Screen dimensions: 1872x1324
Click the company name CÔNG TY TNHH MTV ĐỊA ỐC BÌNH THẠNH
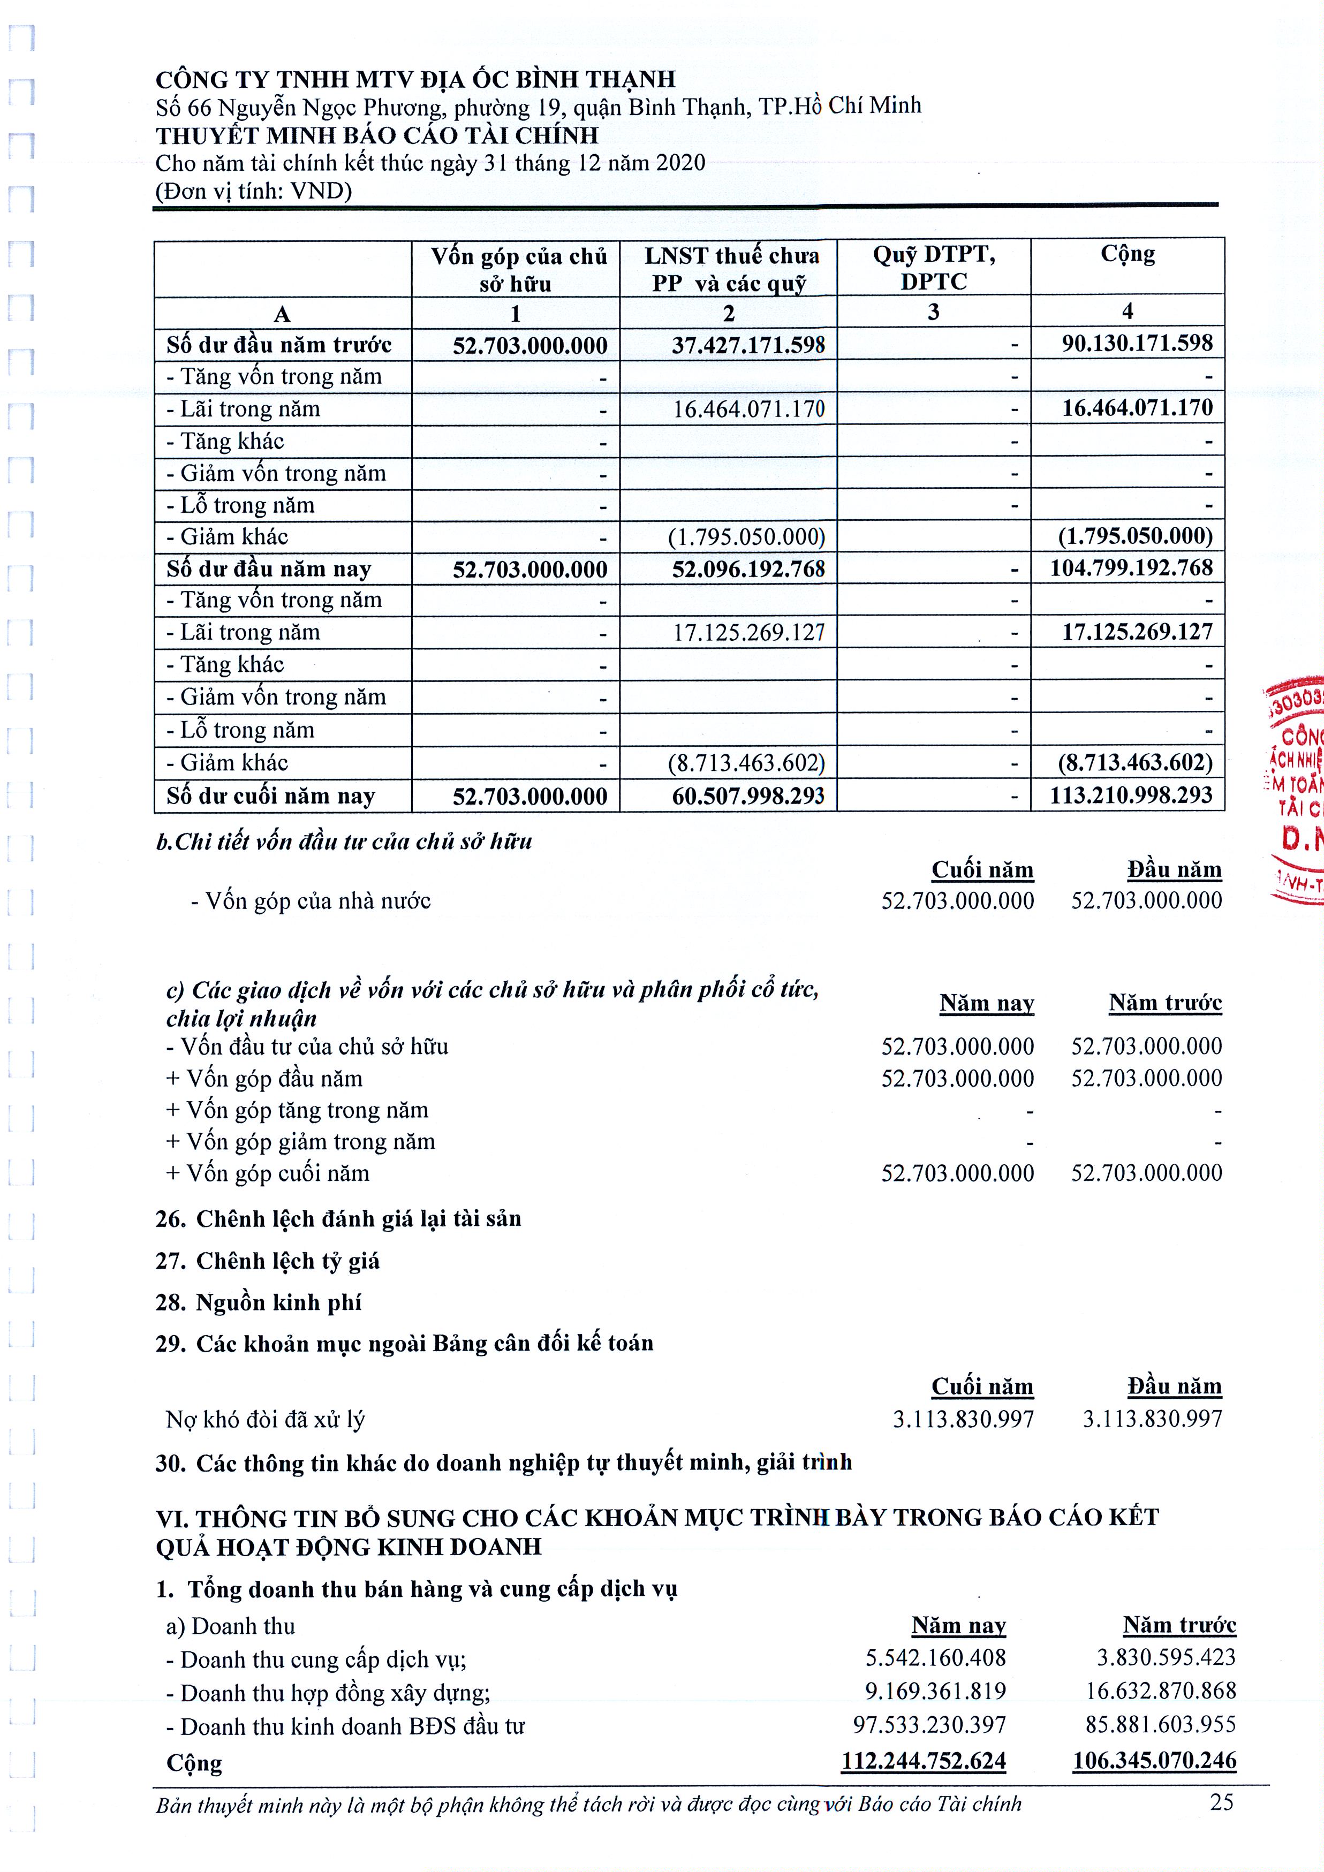point(416,79)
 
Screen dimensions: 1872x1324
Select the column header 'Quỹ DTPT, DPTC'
point(934,268)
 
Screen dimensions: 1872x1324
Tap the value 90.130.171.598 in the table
point(1137,343)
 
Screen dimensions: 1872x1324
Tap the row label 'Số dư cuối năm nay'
point(271,796)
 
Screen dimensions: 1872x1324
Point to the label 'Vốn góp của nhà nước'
point(310,901)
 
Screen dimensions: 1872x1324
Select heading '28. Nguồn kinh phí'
point(259,1302)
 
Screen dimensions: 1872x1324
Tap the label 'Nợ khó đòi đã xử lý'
point(265,1420)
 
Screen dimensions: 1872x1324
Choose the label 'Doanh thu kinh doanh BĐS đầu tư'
point(346,1726)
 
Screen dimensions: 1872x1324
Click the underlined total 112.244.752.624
point(923,1761)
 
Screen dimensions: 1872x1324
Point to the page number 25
point(1221,1802)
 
